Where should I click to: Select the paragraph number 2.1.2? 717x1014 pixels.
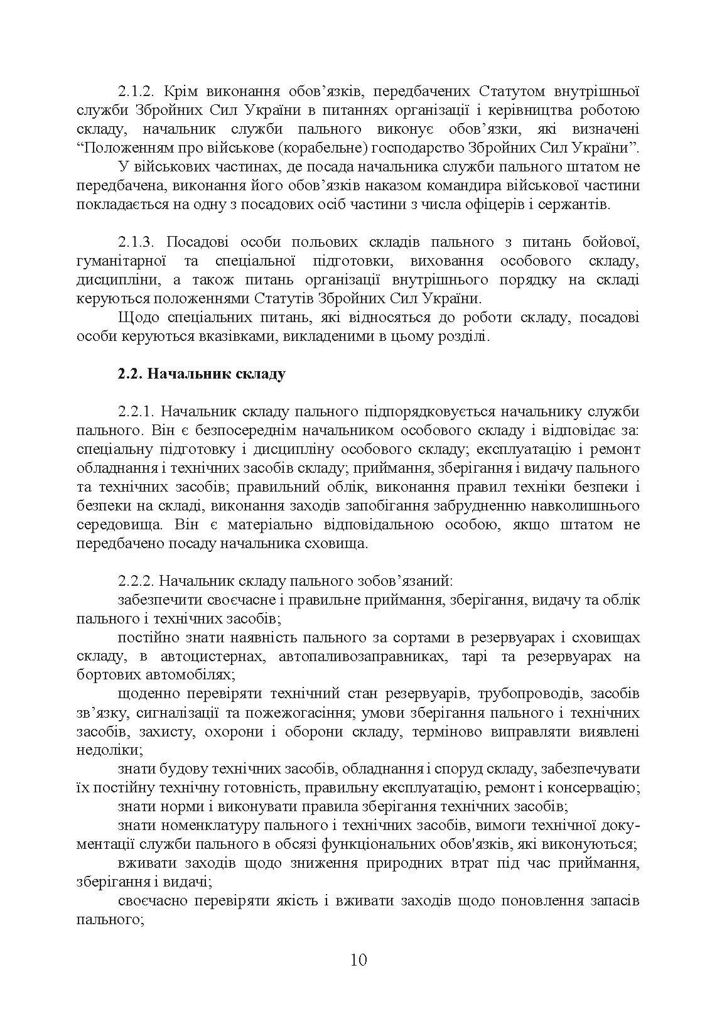click(x=134, y=92)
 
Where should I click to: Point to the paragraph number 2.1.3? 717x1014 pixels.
click(x=134, y=242)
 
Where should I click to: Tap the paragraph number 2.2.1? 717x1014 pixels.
click(x=135, y=412)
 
